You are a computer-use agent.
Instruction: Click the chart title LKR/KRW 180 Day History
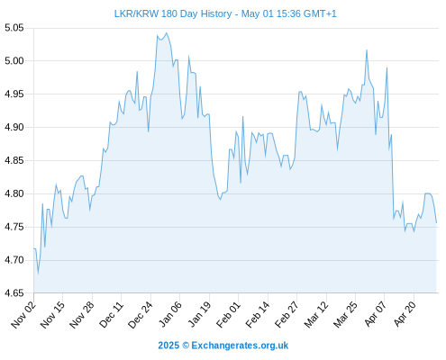tap(173, 13)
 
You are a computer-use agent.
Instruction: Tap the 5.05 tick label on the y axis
tap(14, 28)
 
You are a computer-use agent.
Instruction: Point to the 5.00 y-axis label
tap(14, 61)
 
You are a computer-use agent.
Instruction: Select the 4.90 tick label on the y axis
tap(14, 127)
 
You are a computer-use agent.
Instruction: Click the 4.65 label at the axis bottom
tap(14, 292)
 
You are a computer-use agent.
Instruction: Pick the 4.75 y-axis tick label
tap(14, 227)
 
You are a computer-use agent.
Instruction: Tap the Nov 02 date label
tap(23, 315)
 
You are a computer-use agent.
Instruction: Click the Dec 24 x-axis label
tap(141, 315)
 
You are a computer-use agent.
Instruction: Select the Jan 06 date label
tap(170, 315)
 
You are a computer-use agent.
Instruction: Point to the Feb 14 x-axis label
tap(258, 315)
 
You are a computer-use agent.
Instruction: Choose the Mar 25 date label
tap(345, 315)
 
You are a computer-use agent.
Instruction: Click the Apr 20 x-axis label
tap(405, 315)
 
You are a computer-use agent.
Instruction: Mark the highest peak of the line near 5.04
tap(167, 33)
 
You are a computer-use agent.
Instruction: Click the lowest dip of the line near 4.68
tap(38, 273)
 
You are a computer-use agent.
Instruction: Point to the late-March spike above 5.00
tap(367, 50)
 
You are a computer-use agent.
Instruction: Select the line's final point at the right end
tap(436, 223)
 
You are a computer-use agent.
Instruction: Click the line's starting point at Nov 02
tap(34, 248)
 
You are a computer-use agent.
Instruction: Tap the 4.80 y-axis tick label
tap(14, 193)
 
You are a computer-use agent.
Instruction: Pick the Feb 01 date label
tap(229, 315)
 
